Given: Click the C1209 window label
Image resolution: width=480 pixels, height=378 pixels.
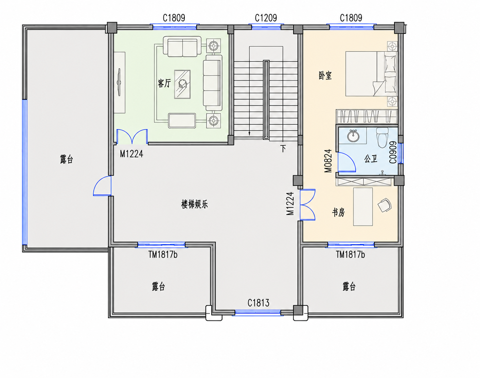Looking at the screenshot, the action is tap(266, 18).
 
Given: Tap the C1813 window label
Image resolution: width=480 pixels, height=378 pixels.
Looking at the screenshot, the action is tap(258, 303).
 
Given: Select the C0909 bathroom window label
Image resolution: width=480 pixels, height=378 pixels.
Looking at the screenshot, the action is tap(393, 152).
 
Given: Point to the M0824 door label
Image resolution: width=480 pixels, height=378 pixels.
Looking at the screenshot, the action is tap(328, 161).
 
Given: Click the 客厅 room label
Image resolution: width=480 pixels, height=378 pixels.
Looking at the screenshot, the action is tap(164, 83).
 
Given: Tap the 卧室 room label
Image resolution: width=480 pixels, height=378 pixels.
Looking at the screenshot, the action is tap(325, 75).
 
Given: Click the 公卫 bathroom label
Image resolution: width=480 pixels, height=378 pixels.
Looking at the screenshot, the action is tap(371, 159).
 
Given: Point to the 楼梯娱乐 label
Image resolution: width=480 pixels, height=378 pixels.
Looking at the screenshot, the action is tap(195, 204).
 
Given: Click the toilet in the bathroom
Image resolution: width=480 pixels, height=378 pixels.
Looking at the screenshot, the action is tap(382, 137).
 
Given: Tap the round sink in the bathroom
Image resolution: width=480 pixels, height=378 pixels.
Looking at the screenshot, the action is tap(353, 136).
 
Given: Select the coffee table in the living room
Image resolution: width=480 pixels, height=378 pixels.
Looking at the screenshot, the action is tap(182, 84).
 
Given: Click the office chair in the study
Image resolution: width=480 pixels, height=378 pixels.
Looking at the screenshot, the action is tap(385, 205).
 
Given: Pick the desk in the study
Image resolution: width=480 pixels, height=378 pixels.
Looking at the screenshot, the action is tap(363, 207).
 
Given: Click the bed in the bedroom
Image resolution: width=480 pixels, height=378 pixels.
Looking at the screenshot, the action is tap(371, 74).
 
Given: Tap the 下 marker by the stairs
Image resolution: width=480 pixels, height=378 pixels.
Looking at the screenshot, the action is tap(283, 148).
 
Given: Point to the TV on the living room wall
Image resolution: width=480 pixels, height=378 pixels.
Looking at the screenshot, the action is tap(119, 82).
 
